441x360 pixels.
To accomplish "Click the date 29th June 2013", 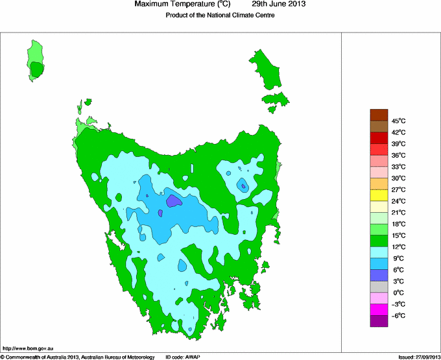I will point(278,5).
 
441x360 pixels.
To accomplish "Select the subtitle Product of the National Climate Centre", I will point(220,16).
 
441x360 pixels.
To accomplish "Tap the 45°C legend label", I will point(399,121).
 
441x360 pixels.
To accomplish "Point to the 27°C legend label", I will point(399,189).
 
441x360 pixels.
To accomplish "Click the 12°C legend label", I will point(399,246).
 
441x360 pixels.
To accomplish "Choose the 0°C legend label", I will point(399,293).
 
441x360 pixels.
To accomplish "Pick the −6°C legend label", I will point(399,315).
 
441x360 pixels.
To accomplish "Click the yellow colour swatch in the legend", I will point(379,195).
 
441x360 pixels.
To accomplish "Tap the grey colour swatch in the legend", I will point(379,287).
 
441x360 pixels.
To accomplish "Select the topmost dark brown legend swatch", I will point(379,115).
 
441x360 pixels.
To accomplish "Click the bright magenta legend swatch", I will point(379,309).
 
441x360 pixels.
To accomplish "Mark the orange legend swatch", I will point(379,184).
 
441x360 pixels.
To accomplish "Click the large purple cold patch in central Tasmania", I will point(173,200).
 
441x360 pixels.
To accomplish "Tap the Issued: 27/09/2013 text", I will point(414,357).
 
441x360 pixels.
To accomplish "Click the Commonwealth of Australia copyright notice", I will point(78,357).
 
